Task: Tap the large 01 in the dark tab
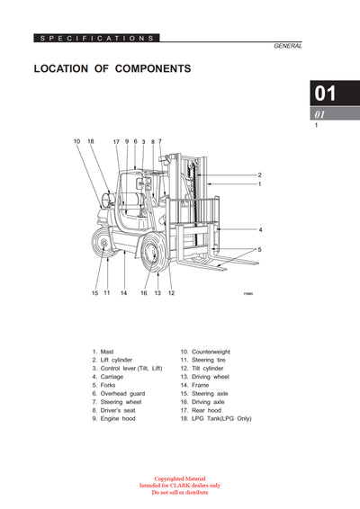(324, 94)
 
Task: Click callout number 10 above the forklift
(77, 141)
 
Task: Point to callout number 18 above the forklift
(91, 141)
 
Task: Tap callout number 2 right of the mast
(259, 174)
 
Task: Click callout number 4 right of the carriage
(260, 230)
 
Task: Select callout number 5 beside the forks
(260, 249)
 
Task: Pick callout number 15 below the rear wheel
(94, 292)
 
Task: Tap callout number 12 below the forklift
(171, 292)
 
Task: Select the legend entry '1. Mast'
(106, 352)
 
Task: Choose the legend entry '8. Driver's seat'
(116, 411)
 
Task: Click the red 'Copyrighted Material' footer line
(180, 479)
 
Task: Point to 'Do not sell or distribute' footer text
(180, 493)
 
